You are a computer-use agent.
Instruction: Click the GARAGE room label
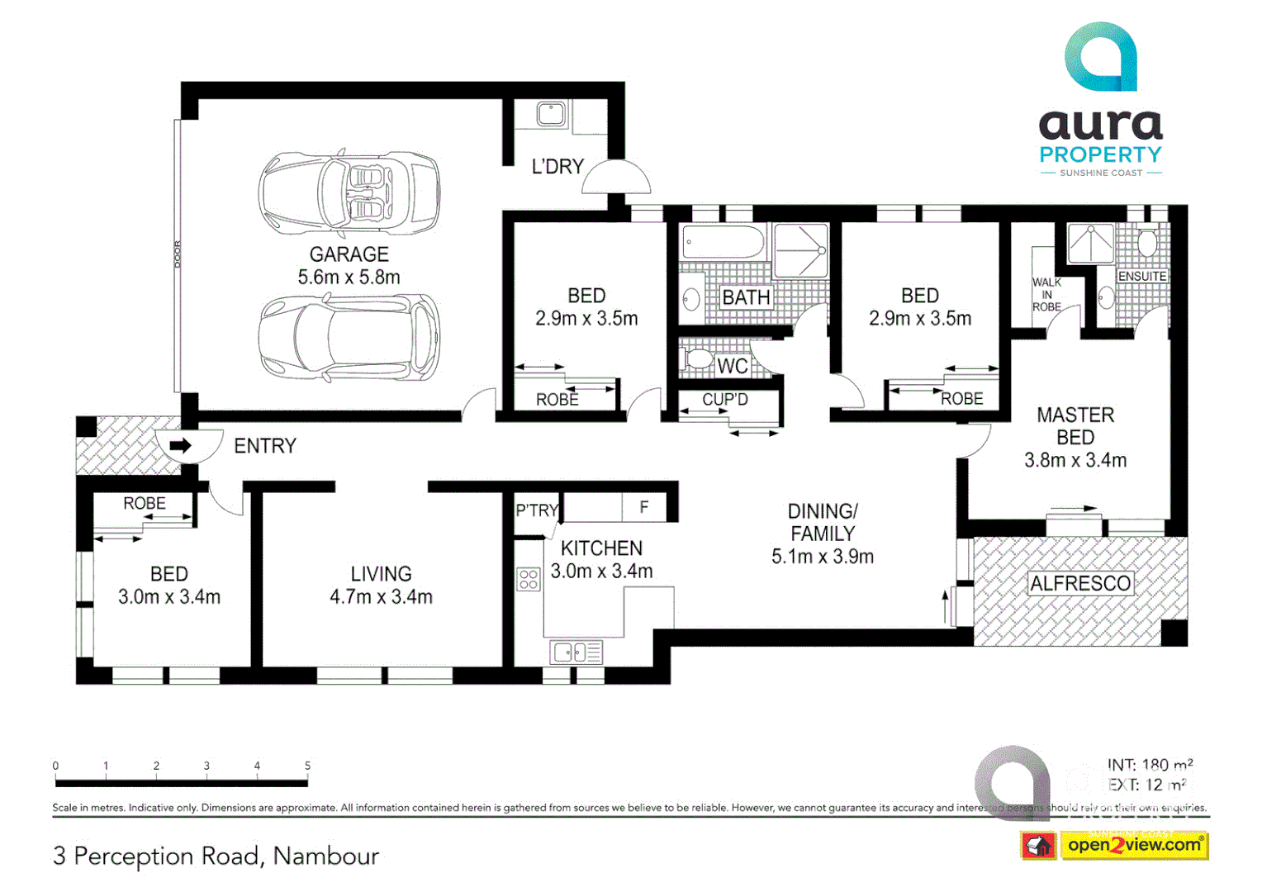point(349,254)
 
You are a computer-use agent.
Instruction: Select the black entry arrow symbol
point(180,446)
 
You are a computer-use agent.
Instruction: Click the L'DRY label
point(557,167)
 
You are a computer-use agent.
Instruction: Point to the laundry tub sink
point(551,114)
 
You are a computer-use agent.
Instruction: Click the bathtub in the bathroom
point(723,243)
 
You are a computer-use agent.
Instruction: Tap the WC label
point(732,366)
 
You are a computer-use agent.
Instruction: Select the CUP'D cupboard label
point(724,400)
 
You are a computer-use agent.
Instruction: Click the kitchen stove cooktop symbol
point(529,579)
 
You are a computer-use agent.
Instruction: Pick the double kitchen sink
point(576,652)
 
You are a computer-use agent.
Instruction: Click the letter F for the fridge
point(644,507)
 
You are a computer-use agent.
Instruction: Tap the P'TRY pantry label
point(537,510)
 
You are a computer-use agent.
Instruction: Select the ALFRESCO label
point(1079,584)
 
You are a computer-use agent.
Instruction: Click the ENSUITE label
point(1141,276)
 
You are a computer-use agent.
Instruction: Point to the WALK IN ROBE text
point(1046,294)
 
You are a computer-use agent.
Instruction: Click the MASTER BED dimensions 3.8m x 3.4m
point(1075,461)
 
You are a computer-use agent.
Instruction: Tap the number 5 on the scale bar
point(307,766)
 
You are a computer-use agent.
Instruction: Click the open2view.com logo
point(1134,845)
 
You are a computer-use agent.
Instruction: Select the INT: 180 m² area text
point(1150,765)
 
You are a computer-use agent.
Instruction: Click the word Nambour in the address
point(326,856)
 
